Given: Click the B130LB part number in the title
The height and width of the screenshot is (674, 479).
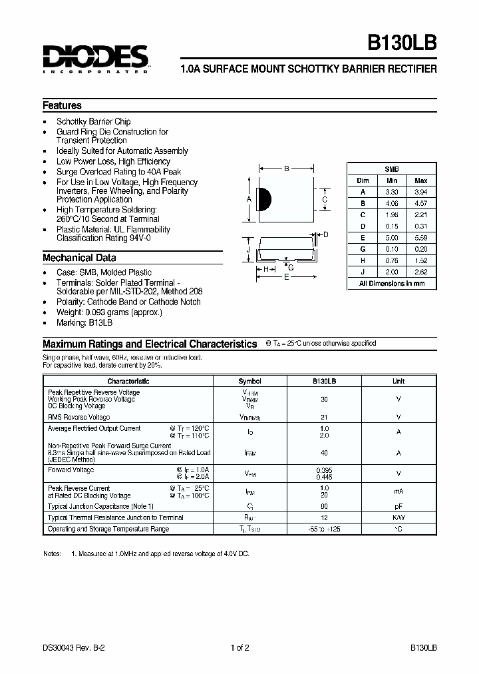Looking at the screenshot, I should tap(402, 45).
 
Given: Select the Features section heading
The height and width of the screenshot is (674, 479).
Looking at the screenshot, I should tap(62, 106).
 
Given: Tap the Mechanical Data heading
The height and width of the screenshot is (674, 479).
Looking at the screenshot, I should tap(79, 258).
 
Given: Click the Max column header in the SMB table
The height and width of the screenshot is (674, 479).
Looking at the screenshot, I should tap(420, 180).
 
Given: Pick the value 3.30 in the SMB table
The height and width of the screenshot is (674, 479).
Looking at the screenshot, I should tap(391, 192).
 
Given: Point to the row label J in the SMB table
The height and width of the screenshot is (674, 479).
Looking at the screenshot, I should tap(363, 272).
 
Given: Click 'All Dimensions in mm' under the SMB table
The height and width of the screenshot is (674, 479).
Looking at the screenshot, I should tap(392, 284).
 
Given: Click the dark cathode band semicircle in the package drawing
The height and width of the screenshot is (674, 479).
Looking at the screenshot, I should tap(263, 198).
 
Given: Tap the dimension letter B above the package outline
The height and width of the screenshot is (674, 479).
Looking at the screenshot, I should tap(286, 169).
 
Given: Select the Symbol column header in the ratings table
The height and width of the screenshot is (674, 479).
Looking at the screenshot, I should tap(250, 381).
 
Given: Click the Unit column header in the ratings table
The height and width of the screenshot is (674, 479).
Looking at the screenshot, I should tap(398, 381).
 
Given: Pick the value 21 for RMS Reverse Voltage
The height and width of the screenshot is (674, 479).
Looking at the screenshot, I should tap(324, 417).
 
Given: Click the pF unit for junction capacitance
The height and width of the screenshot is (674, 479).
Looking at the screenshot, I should tap(398, 506).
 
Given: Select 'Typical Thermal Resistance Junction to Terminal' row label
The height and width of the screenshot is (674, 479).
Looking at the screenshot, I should tap(115, 517).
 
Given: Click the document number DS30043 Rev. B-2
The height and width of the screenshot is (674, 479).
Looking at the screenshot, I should tap(75, 647).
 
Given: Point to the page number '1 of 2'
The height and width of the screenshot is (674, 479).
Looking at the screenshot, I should tap(239, 647).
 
